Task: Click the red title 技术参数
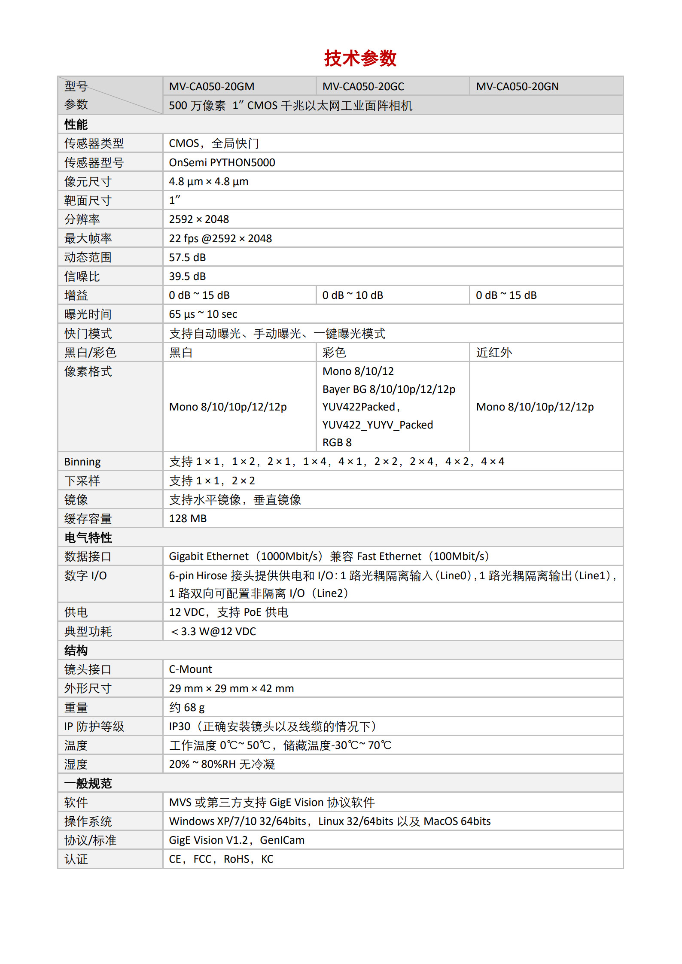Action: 360,58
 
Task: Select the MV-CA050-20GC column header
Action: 363,87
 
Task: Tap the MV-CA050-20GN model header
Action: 517,87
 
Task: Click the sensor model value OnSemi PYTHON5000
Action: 222,163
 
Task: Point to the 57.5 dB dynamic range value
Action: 187,258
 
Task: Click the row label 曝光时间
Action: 88,314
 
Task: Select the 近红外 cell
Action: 494,353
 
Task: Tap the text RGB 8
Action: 337,443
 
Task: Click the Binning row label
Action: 82,462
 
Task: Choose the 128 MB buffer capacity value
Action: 188,519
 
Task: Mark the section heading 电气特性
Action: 88,538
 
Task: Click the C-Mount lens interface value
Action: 190,669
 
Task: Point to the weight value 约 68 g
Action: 187,708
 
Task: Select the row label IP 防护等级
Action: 94,727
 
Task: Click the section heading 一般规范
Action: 88,784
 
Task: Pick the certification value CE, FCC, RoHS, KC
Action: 221,859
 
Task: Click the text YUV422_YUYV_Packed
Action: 378,425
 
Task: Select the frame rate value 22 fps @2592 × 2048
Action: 220,239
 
